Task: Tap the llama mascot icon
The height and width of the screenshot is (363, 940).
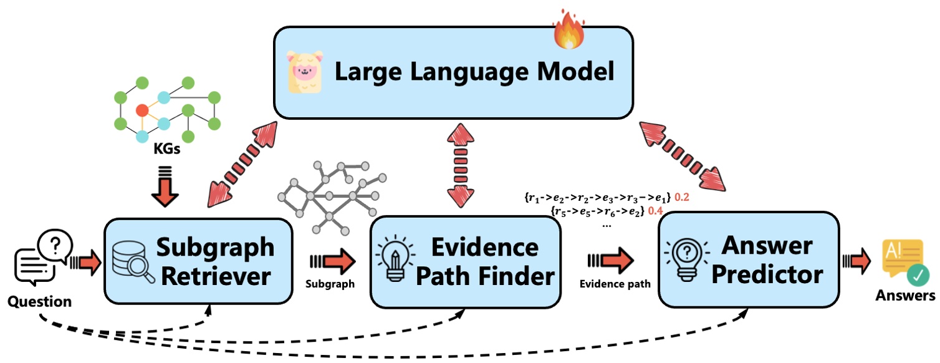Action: pyautogui.click(x=304, y=72)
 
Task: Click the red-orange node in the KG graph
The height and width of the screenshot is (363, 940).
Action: pyautogui.click(x=142, y=110)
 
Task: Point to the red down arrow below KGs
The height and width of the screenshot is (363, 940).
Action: pyautogui.click(x=165, y=188)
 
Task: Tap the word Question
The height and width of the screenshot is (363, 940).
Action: pyautogui.click(x=39, y=302)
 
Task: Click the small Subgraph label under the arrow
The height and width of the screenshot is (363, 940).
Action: pyautogui.click(x=330, y=284)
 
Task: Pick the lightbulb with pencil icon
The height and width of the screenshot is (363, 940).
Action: pyautogui.click(x=393, y=260)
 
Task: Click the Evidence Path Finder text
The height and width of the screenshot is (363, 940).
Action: pyautogui.click(x=485, y=262)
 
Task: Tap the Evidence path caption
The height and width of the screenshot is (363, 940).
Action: pyautogui.click(x=615, y=284)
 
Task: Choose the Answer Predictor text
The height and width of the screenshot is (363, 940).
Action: pyautogui.click(x=767, y=260)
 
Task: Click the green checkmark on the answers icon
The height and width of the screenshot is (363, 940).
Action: pyautogui.click(x=918, y=274)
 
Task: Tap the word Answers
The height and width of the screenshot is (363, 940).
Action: pyautogui.click(x=906, y=296)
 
